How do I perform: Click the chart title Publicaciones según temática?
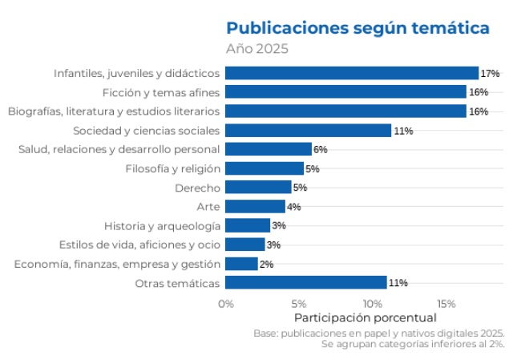[x=357, y=29]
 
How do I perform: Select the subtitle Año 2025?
[x=256, y=49]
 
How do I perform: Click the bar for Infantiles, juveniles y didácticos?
[x=351, y=73]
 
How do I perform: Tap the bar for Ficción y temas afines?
[x=345, y=92]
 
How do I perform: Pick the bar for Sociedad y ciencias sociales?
[x=308, y=130]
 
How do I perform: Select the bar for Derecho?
[x=258, y=188]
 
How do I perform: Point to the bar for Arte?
[x=255, y=206]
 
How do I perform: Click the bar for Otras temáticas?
[x=305, y=282]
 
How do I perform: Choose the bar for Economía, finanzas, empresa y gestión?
[x=241, y=264]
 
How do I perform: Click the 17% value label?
[x=490, y=74]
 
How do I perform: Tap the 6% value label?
[x=321, y=149]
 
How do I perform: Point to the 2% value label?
[x=267, y=264]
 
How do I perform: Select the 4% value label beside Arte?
[x=294, y=207]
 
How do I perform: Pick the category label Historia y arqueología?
[x=162, y=225]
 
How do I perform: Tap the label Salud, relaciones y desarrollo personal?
[x=119, y=149]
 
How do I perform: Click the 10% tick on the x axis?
[x=372, y=304]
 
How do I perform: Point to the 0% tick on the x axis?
[x=226, y=304]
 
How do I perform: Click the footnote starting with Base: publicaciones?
[x=378, y=333]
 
